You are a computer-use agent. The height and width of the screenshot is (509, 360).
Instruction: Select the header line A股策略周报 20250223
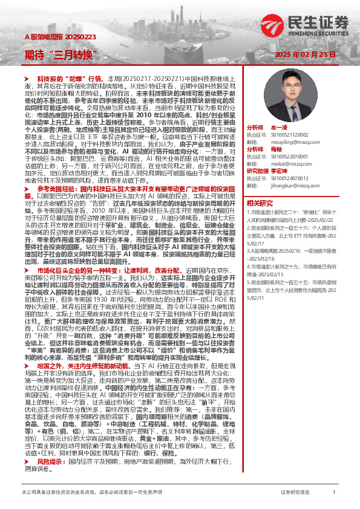54,37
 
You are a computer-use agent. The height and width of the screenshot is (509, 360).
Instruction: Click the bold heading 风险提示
50,444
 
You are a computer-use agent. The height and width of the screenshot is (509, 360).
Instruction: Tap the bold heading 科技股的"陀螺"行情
71,79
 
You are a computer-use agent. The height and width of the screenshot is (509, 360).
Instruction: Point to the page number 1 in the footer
334,493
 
